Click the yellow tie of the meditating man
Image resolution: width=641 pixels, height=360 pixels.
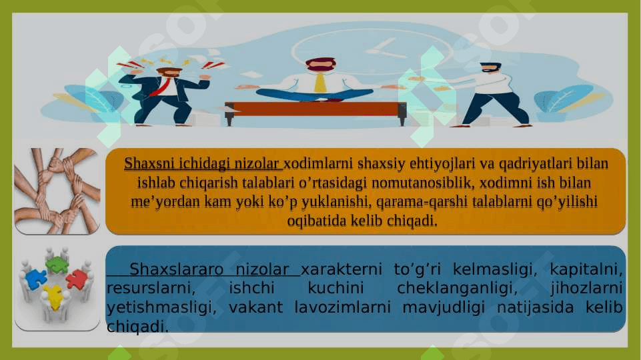click(x=320, y=83)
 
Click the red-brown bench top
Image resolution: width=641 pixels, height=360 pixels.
click(x=315, y=108)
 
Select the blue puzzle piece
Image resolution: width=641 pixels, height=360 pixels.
click(x=35, y=279)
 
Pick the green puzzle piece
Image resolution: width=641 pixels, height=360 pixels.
click(x=57, y=265)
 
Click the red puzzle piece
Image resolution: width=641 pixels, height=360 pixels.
click(x=77, y=279)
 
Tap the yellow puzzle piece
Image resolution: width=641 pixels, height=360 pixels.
click(x=53, y=297)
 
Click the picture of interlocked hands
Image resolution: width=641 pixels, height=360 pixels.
click(x=57, y=191)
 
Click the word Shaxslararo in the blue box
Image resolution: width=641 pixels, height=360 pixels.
click(x=176, y=269)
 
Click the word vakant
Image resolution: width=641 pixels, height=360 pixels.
click(x=255, y=307)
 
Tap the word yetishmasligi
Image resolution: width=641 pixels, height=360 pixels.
click(x=161, y=307)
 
